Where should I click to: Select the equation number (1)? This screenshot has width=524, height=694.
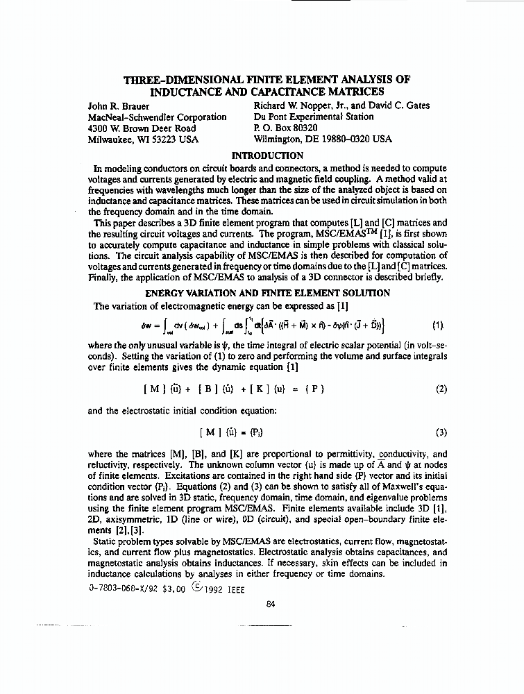tap(437, 324)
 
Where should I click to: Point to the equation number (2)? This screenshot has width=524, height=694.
tap(441, 389)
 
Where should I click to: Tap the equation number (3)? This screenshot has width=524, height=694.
tap(441, 432)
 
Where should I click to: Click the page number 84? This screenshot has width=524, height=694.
tap(271, 603)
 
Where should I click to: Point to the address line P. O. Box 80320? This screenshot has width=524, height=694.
tap(286, 128)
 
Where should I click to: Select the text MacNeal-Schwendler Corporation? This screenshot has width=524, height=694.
tap(158, 117)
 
